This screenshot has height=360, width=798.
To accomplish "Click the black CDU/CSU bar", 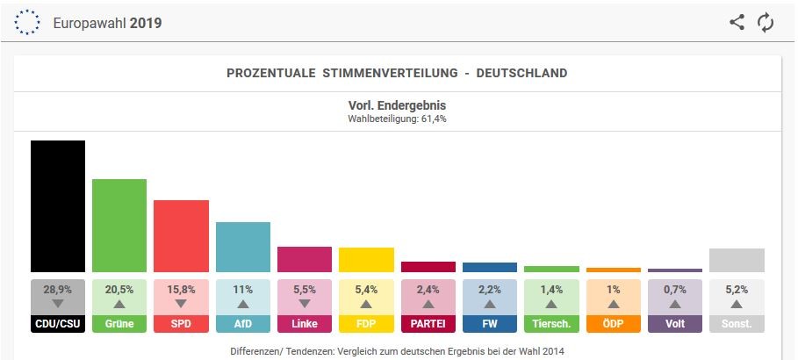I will click(58, 206).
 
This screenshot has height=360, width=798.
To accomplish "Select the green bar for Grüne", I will click(119, 226).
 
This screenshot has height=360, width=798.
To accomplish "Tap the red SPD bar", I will click(181, 236).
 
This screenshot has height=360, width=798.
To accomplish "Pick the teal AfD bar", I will click(243, 247).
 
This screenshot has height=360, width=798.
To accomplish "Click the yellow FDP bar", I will click(366, 260).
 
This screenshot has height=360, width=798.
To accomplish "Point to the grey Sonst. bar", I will click(737, 261).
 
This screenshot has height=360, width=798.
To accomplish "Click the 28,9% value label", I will click(58, 289).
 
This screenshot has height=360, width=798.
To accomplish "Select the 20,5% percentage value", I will click(119, 289).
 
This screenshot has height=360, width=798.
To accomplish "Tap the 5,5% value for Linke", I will click(305, 289).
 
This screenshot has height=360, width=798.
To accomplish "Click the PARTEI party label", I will click(428, 324).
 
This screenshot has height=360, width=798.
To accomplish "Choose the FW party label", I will click(490, 324).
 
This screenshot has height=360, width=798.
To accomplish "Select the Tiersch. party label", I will click(551, 324).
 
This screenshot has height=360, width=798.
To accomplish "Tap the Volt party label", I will click(675, 324).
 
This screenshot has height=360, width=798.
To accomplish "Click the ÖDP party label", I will click(613, 324).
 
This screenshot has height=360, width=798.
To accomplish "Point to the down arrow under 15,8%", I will click(181, 304).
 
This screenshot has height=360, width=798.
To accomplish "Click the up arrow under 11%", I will click(243, 304).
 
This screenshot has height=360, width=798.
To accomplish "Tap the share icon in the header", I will click(737, 23).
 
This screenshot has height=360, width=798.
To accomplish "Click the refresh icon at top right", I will click(766, 23).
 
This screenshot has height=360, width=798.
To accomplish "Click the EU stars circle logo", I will click(28, 23).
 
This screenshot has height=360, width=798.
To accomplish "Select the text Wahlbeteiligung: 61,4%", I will click(398, 119).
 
